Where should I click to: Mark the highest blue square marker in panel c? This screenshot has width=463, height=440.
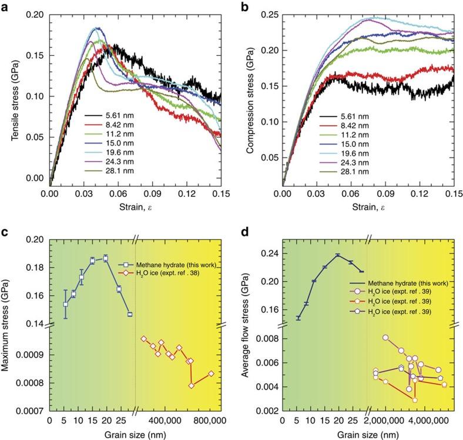click(106, 258)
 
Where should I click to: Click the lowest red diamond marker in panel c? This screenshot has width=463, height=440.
click(191, 386)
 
